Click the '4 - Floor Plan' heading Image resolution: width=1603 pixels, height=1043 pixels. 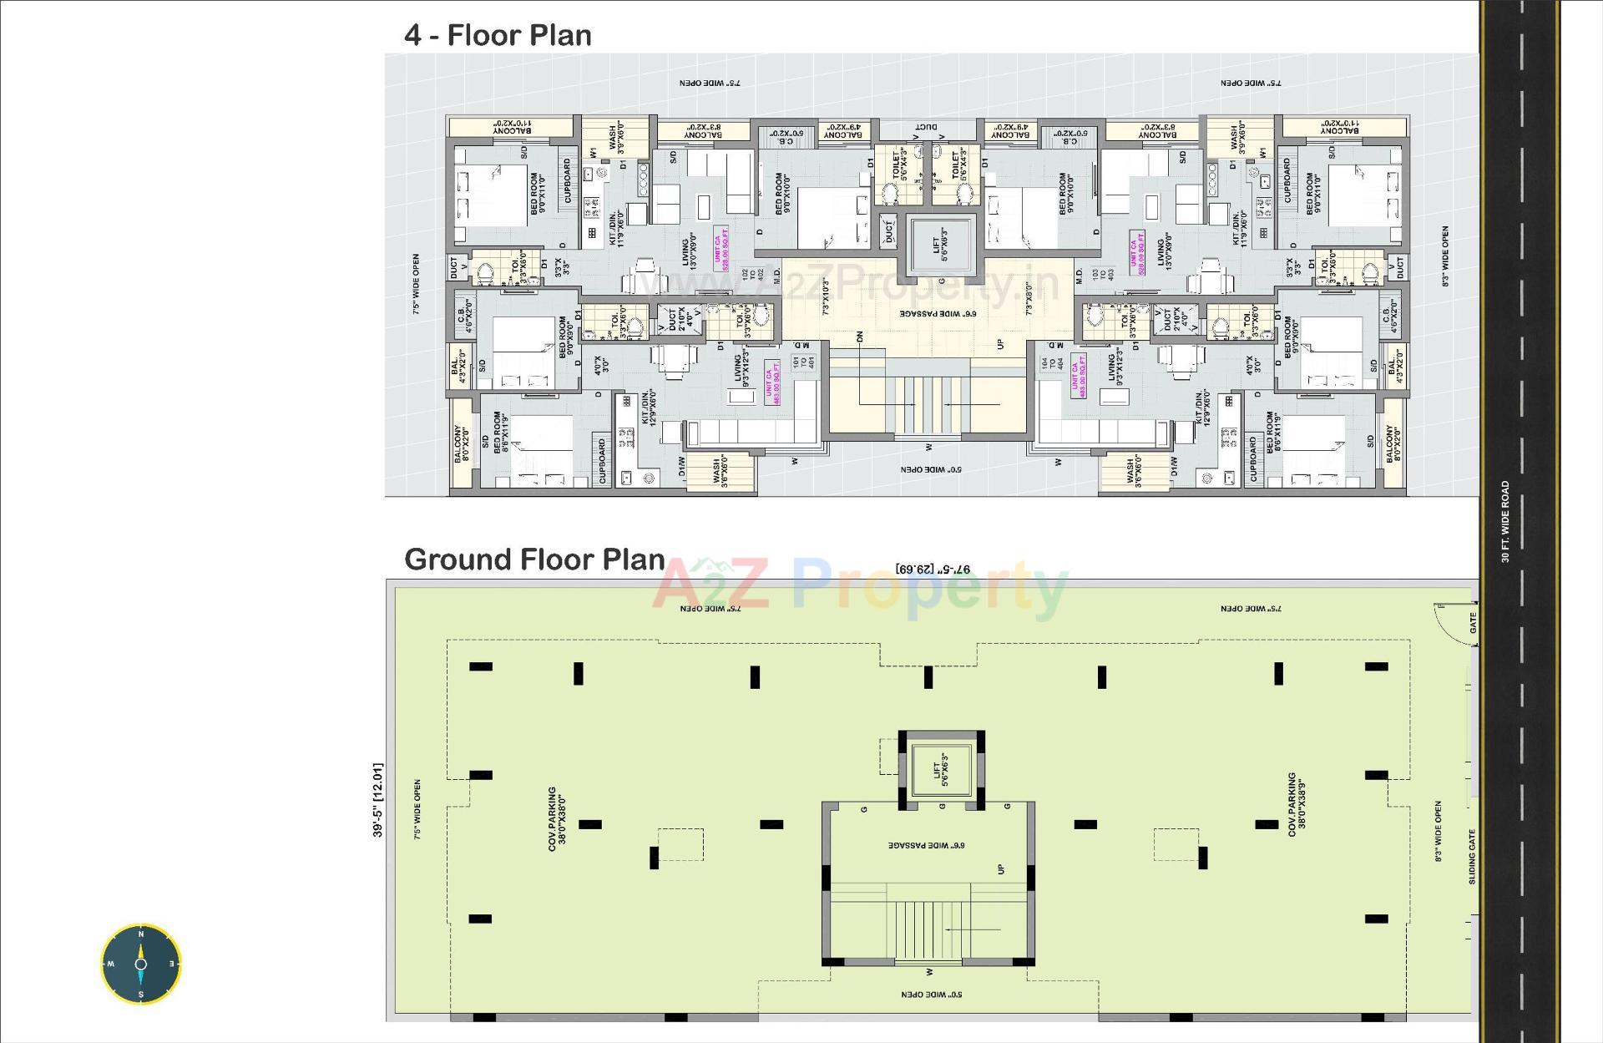pyautogui.click(x=498, y=36)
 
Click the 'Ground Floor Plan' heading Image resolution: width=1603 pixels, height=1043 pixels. pyautogui.click(x=534, y=559)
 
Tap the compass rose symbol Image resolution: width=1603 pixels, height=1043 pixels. pyautogui.click(x=140, y=963)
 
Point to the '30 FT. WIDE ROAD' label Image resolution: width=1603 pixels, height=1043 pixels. pyautogui.click(x=1505, y=521)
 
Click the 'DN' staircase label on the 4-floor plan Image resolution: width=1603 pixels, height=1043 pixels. pyautogui.click(x=859, y=337)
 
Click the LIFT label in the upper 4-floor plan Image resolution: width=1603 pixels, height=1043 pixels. pyautogui.click(x=940, y=245)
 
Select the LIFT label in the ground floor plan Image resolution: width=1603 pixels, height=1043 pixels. pyautogui.click(x=940, y=770)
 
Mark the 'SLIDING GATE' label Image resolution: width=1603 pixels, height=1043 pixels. pyautogui.click(x=1472, y=856)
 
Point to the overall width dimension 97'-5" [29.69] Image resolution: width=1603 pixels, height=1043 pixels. pyautogui.click(x=933, y=570)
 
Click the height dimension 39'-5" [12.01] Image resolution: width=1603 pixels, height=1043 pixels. pyautogui.click(x=377, y=799)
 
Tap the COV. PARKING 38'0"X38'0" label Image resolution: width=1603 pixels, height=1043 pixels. pyautogui.click(x=557, y=818)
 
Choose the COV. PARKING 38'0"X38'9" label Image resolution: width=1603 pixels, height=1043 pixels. pyautogui.click(x=1297, y=803)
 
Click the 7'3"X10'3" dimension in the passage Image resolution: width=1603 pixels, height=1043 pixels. pyautogui.click(x=826, y=296)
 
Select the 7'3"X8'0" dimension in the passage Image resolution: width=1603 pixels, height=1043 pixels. pyautogui.click(x=1029, y=297)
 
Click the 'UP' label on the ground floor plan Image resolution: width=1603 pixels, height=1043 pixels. pyautogui.click(x=1001, y=869)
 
